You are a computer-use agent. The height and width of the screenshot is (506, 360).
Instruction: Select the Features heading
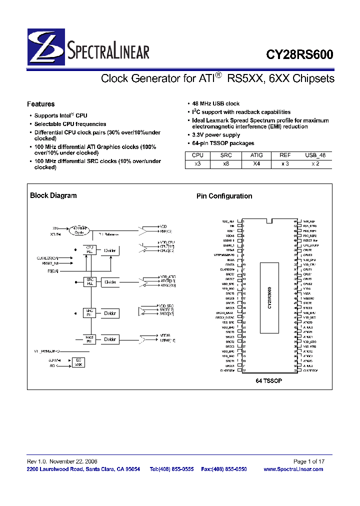[x=40, y=104]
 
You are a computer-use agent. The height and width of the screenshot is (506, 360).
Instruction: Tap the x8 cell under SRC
[x=226, y=164]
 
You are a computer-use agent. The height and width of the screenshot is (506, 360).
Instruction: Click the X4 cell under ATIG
[x=256, y=164]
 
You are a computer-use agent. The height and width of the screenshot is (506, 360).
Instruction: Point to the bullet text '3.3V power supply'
[x=216, y=135]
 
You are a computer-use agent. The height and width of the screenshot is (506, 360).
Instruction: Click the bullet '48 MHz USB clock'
[x=216, y=103]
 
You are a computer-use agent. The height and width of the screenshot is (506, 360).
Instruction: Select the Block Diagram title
[x=53, y=195]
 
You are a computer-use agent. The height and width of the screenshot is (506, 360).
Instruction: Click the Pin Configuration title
[x=224, y=196]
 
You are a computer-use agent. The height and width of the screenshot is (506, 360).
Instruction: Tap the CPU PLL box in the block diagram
[x=89, y=249]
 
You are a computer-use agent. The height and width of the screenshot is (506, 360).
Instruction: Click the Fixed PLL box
[x=89, y=339]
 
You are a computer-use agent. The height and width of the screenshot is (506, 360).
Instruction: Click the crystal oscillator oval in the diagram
[x=78, y=230]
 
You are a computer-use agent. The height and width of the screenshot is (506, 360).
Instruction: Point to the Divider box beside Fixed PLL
[x=110, y=339]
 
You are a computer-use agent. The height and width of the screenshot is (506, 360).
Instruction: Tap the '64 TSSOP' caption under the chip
[x=269, y=381]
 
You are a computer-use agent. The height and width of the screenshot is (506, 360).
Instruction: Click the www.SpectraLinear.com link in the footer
[x=293, y=469]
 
